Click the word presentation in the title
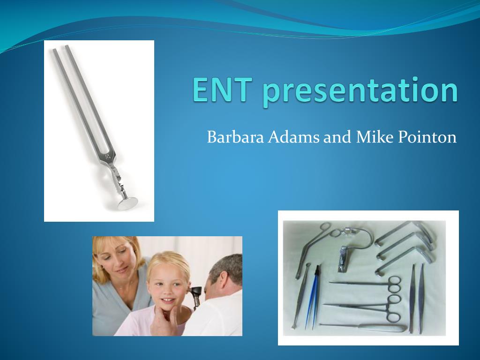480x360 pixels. coord(360,91)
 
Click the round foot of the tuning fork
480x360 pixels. coord(127,203)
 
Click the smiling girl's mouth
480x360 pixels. coord(168,300)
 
